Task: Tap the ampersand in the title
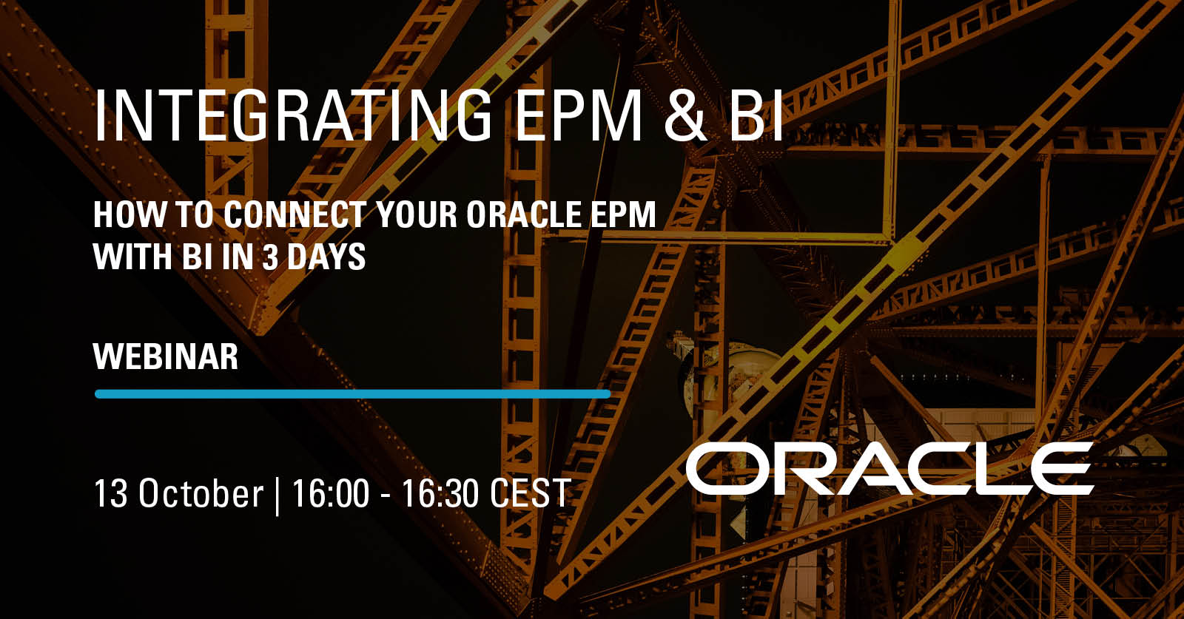[685, 115]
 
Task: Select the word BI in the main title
[756, 115]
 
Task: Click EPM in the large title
[578, 115]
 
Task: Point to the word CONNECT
[295, 214]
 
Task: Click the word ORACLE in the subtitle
[523, 214]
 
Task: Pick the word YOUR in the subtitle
[416, 214]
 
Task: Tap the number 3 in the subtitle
[270, 257]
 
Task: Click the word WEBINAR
[166, 356]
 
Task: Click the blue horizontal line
[352, 393]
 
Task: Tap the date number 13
[110, 493]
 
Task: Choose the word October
[201, 493]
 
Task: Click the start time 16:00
[330, 493]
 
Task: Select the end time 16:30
[441, 493]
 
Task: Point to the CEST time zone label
[531, 493]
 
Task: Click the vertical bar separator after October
[277, 496]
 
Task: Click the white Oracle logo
[889, 468]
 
